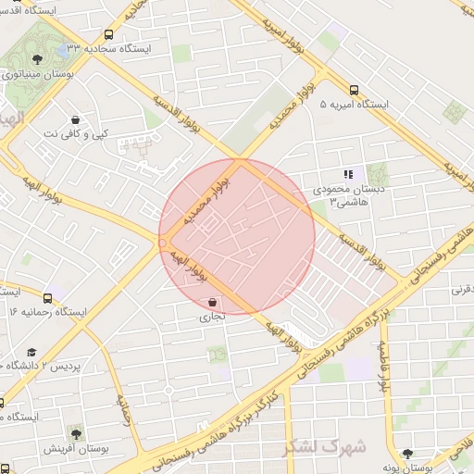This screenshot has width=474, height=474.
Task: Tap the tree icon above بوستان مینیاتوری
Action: (x=37, y=59)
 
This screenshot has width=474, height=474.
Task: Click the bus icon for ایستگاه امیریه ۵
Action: (x=354, y=90)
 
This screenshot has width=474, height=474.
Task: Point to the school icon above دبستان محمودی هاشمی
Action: (x=348, y=173)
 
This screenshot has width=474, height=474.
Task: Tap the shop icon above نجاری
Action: (x=214, y=302)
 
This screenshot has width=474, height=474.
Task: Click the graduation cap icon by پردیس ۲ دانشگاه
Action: (x=31, y=352)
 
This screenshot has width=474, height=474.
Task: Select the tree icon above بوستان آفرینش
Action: (x=75, y=432)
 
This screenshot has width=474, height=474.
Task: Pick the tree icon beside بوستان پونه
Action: (x=407, y=454)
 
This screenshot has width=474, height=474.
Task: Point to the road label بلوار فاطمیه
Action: (x=382, y=367)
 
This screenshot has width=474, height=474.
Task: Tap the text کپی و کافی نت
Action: (x=76, y=134)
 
